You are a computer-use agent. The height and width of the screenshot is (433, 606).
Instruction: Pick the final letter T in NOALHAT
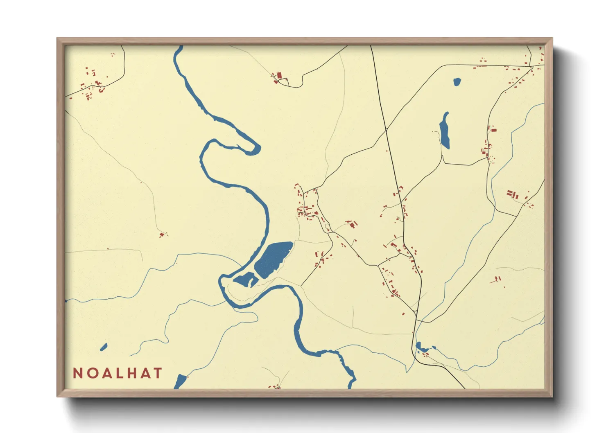pos(158,373)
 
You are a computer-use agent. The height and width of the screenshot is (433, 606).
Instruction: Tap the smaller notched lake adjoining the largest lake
pos(245,280)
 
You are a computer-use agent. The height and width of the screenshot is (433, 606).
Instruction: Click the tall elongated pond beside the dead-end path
pos(445,131)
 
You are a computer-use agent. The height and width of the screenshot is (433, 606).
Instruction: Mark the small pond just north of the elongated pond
pos(457,82)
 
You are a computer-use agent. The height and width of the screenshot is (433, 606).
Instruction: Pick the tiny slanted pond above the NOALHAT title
pos(104,347)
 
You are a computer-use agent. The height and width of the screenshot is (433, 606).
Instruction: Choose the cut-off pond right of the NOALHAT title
pos(180,382)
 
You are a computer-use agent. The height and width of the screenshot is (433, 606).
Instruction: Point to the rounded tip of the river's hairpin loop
pos(256,148)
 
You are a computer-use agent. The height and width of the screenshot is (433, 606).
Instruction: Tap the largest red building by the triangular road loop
pos(280,76)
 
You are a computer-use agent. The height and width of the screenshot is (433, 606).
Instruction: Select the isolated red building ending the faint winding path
pos(162,235)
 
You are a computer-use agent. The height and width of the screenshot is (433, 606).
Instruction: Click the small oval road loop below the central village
pos(327,226)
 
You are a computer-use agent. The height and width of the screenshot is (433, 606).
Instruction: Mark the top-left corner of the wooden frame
pos(57,38)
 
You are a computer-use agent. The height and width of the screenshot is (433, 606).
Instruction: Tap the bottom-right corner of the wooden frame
pos(552,397)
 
